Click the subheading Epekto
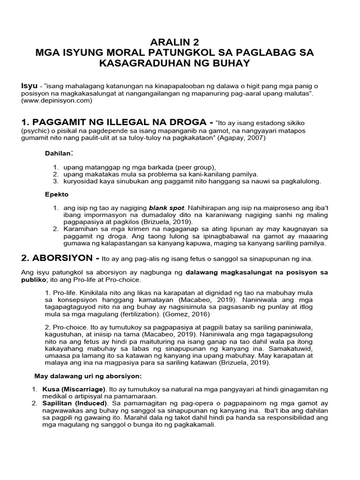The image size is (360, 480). point(56,194)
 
